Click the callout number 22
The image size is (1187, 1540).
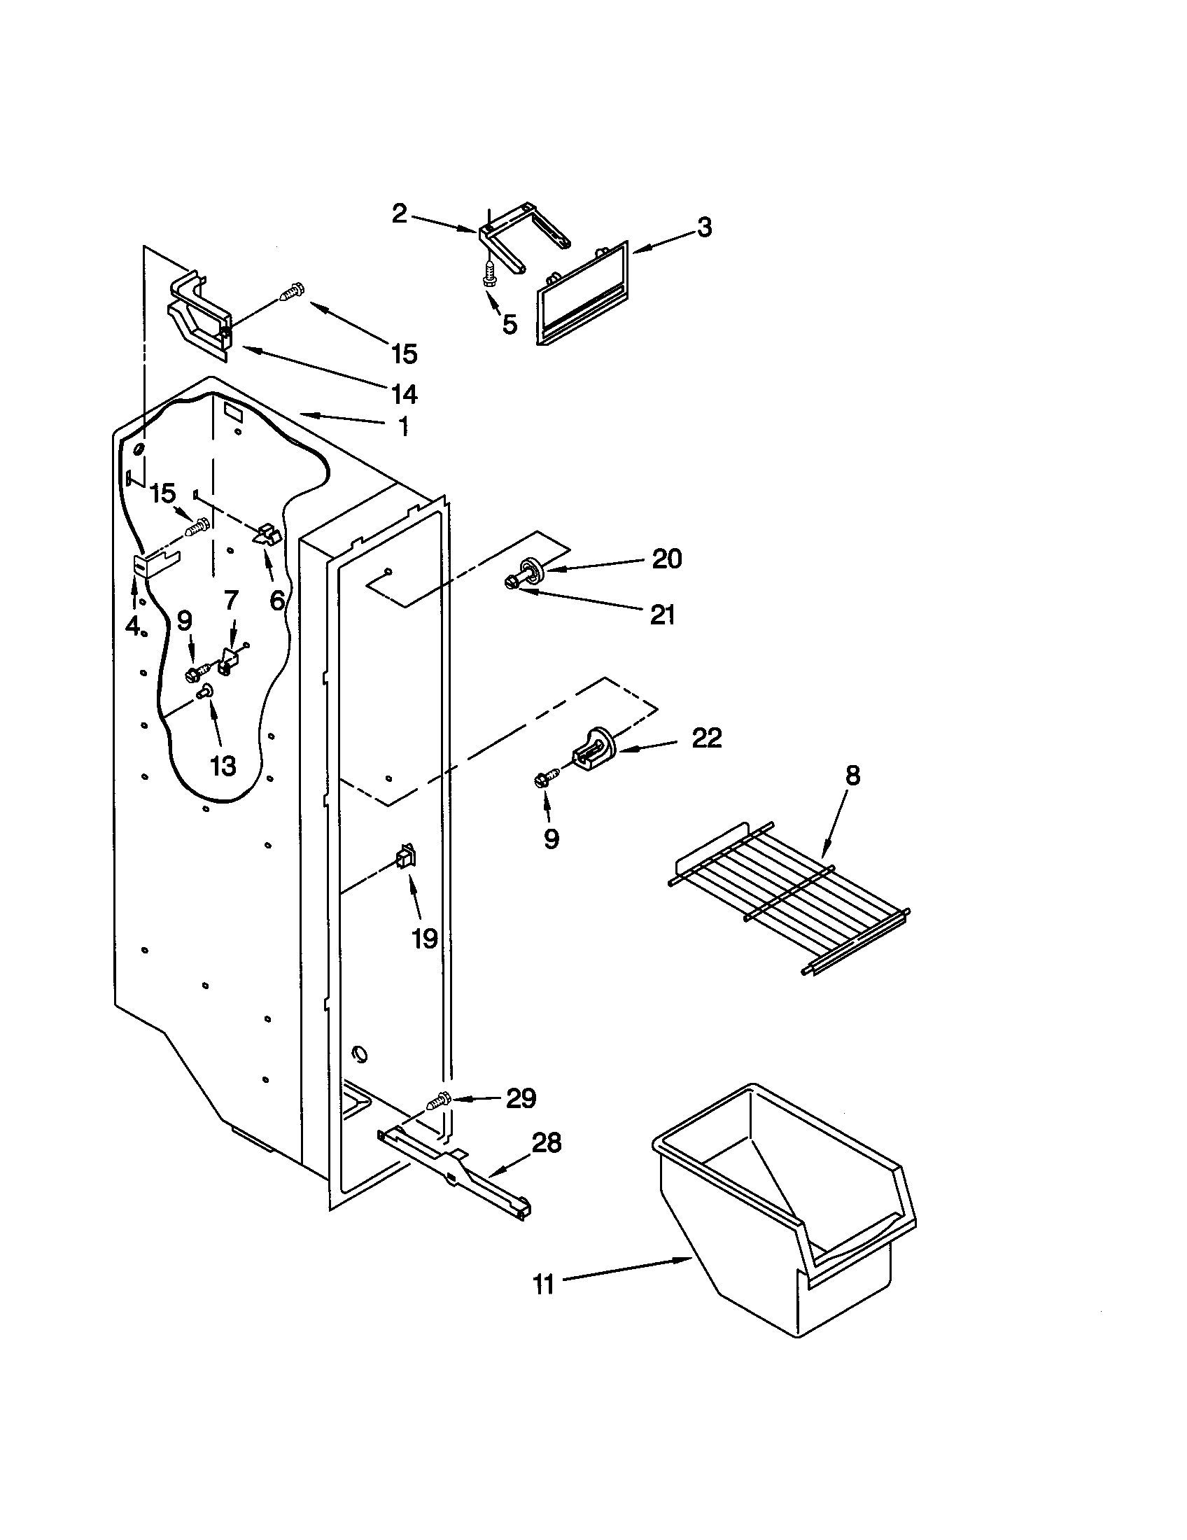point(706,738)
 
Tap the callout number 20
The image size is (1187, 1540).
point(666,559)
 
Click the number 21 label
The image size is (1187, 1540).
point(662,615)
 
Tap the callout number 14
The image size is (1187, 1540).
point(404,394)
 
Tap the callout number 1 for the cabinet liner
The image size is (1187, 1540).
point(403,426)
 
